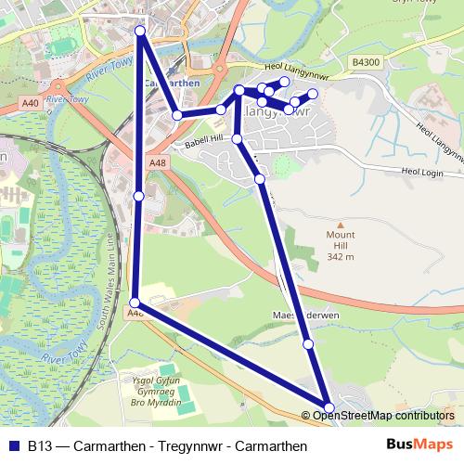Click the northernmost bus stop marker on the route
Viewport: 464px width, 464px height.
[140, 32]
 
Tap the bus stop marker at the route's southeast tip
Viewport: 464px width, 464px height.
[329, 406]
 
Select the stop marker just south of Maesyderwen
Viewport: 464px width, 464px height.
[308, 344]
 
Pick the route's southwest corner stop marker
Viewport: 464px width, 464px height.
[135, 303]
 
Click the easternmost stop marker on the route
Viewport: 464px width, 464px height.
[313, 94]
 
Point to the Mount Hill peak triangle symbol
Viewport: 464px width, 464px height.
[341, 225]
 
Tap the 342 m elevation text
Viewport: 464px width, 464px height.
[341, 256]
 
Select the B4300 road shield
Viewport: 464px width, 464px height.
[366, 62]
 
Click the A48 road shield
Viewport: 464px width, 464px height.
[158, 162]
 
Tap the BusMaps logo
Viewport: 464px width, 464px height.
[420, 445]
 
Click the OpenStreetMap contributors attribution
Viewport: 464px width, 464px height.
[382, 415]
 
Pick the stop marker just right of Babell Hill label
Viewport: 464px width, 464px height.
[237, 139]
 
